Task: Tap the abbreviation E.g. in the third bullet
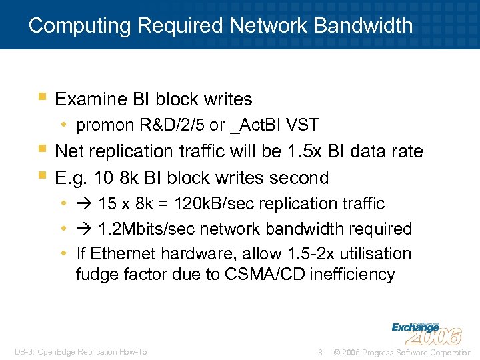click(x=71, y=179)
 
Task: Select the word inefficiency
click(x=351, y=274)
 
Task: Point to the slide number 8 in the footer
click(x=321, y=352)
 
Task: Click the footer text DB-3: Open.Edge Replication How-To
click(x=81, y=352)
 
